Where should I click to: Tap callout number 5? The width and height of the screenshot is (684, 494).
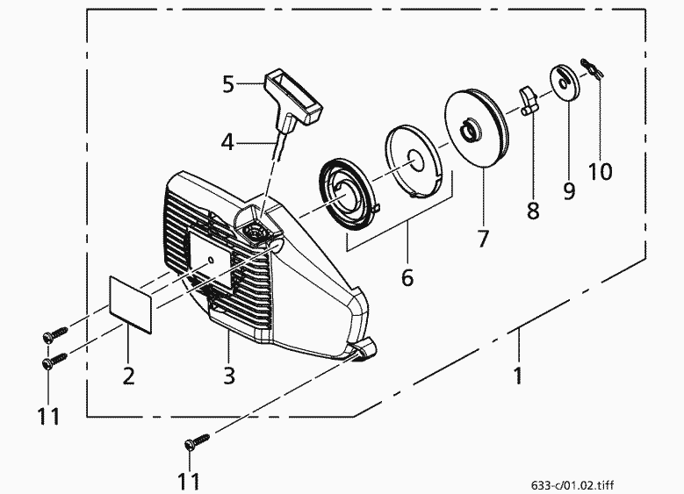tap(228, 84)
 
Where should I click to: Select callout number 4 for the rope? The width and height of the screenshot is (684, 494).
tap(227, 142)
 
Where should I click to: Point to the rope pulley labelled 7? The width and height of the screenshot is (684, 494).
tap(478, 128)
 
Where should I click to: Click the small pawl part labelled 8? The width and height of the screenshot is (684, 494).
tap(529, 101)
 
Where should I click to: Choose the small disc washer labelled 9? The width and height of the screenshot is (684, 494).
tap(565, 82)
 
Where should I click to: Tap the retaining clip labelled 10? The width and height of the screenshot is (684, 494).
tap(592, 69)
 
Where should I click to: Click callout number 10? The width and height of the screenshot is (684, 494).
tap(600, 171)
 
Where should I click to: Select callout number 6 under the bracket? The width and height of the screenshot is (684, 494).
tap(407, 277)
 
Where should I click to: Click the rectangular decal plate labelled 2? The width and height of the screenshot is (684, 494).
tap(131, 304)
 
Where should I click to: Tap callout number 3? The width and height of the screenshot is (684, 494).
tap(229, 376)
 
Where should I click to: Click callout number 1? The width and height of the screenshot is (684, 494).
tap(518, 376)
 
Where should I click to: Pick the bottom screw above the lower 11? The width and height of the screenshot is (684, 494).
tap(197, 440)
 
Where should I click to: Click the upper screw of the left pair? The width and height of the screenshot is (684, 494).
tap(55, 333)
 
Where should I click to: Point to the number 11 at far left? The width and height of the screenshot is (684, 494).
tap(49, 417)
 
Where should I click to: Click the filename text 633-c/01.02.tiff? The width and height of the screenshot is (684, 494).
tap(572, 485)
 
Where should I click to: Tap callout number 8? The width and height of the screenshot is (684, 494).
tap(533, 211)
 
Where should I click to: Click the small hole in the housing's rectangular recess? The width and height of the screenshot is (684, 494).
tap(211, 261)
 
